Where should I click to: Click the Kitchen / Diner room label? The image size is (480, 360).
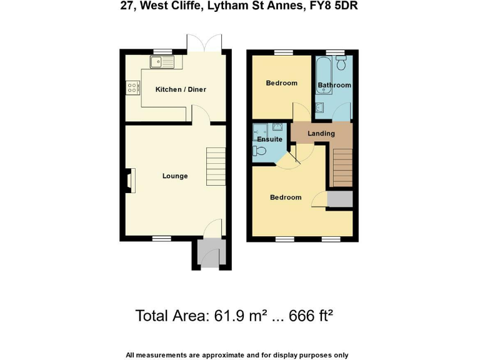181,89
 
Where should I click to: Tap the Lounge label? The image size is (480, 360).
175,176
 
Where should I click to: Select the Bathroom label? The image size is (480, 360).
334,85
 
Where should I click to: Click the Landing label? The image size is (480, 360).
321,133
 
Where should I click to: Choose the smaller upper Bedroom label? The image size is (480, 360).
281,83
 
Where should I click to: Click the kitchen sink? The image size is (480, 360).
164,61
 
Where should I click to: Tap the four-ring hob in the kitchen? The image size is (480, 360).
132,88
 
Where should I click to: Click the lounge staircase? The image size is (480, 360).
216,166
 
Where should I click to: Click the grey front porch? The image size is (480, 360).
206,254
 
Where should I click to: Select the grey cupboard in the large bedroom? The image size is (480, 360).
340,199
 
